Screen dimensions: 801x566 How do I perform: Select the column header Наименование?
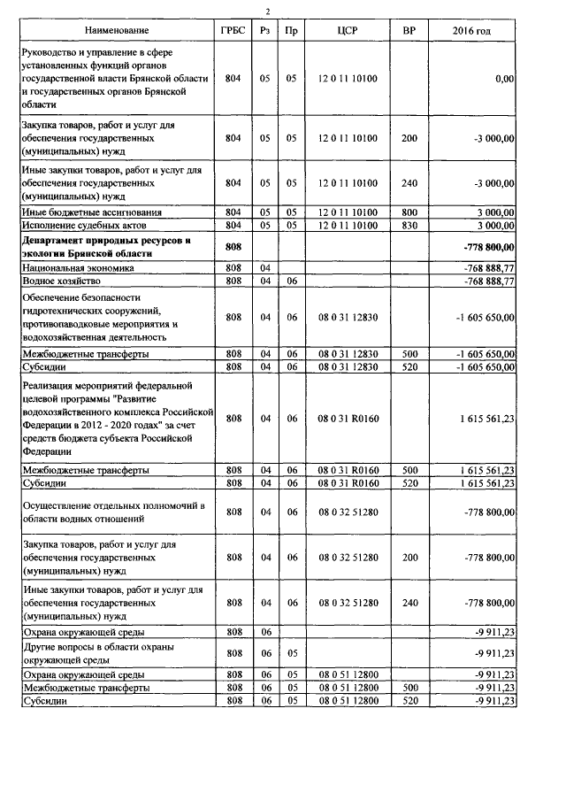(116, 31)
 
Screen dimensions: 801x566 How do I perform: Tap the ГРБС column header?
(233, 31)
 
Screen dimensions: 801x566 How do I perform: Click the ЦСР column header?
(347, 31)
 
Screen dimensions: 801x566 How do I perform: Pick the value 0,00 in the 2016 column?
(505, 79)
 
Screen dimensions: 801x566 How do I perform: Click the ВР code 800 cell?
(409, 212)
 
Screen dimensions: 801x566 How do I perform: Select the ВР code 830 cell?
(409, 225)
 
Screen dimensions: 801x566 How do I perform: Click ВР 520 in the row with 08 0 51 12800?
(409, 701)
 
